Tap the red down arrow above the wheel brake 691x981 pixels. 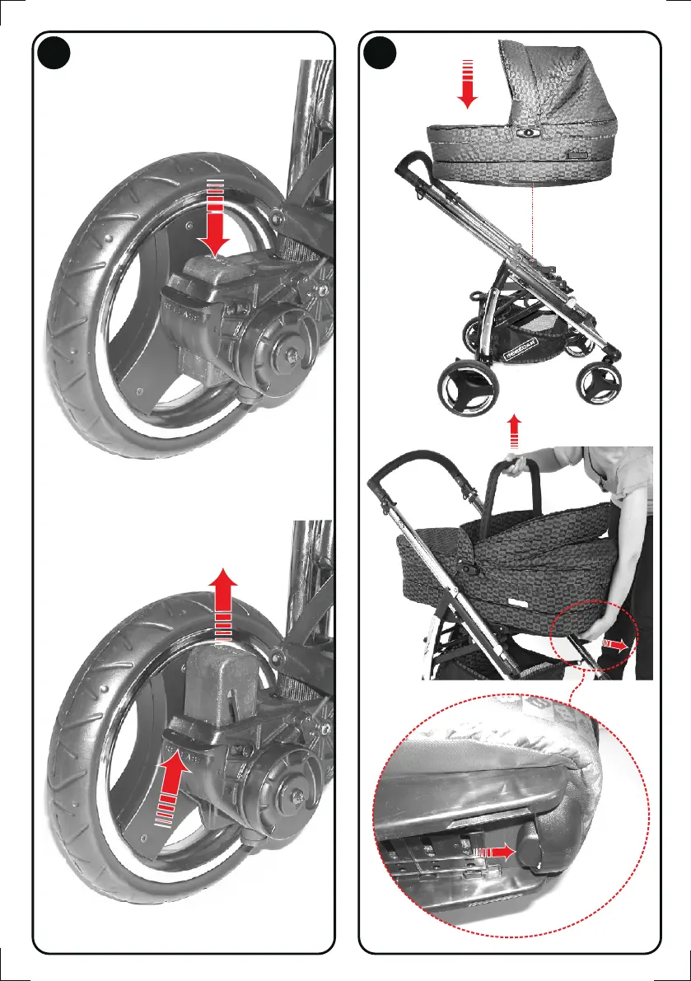click(216, 218)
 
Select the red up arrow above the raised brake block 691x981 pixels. click(224, 605)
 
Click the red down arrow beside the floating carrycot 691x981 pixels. click(468, 84)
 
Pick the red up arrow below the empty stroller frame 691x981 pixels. click(515, 430)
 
